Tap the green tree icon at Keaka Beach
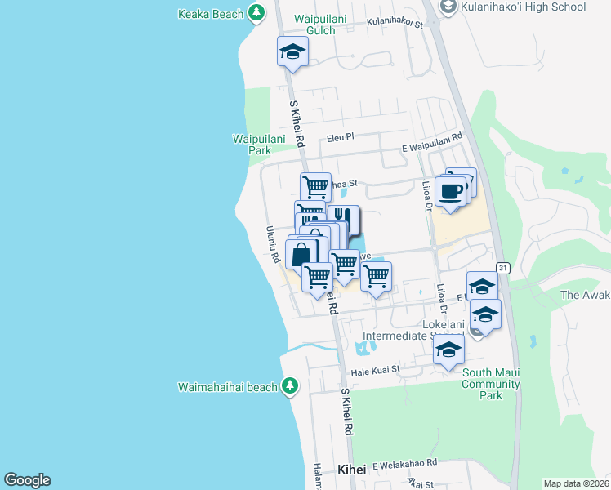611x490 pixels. [256, 13]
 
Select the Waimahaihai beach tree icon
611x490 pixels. [289, 385]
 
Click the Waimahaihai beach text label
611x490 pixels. [229, 386]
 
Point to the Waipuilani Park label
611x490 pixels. [258, 145]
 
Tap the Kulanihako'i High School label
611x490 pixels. [524, 7]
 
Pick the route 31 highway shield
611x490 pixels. [503, 268]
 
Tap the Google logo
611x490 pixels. [27, 480]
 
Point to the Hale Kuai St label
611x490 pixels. [375, 370]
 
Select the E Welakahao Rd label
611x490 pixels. [404, 464]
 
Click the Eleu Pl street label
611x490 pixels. [338, 138]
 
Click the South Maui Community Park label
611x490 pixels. [491, 384]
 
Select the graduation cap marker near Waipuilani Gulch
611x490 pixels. [292, 55]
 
